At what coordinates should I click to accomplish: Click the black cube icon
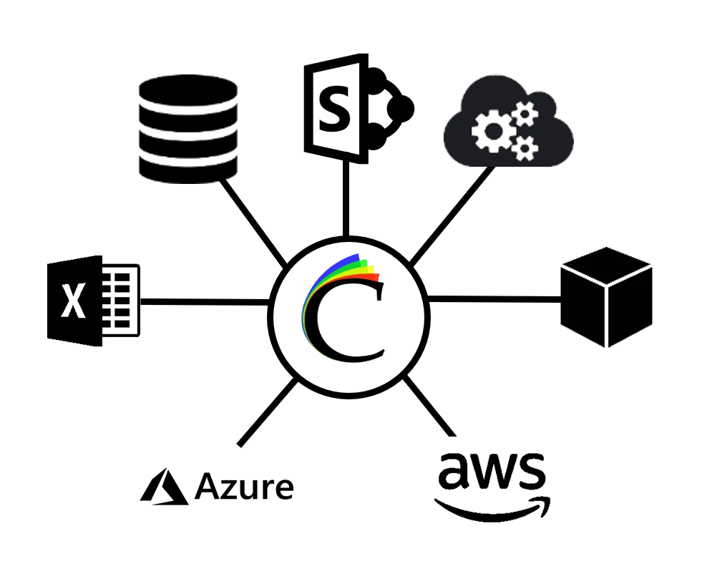pos(605,296)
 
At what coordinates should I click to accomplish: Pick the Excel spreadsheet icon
pos(93,301)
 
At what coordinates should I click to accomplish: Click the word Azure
pos(244,488)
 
